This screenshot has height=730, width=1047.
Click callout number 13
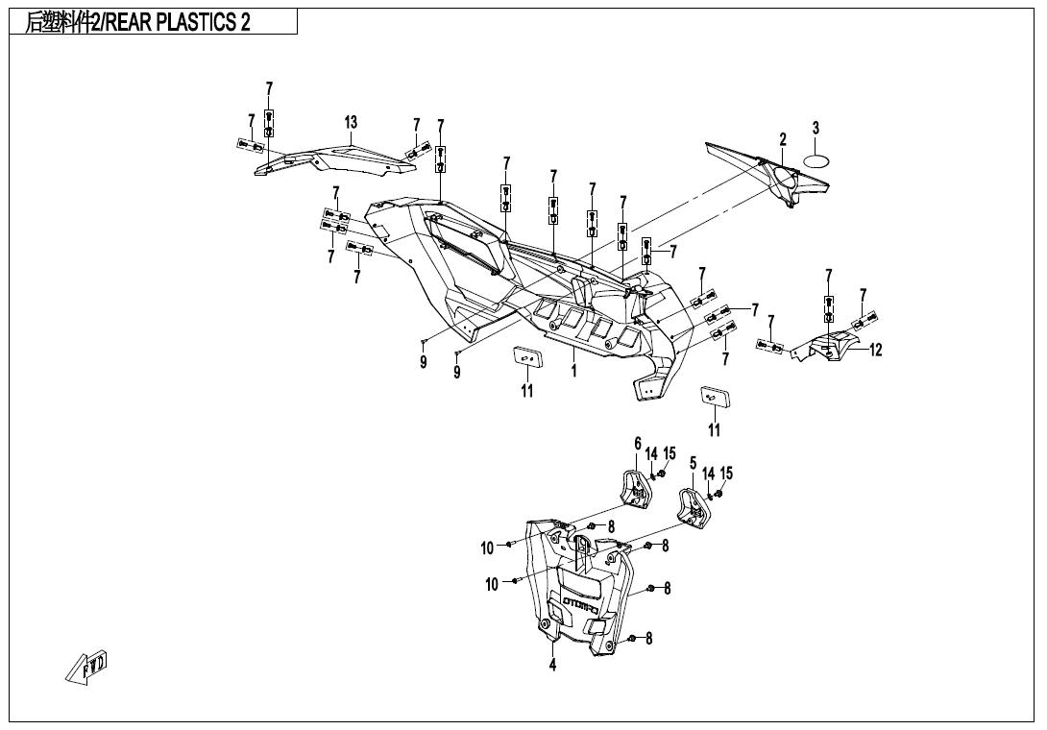click(352, 123)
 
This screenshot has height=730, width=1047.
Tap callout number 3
click(816, 128)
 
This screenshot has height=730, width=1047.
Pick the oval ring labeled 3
click(816, 160)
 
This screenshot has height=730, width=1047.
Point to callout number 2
click(783, 139)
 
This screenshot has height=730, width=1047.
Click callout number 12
click(875, 351)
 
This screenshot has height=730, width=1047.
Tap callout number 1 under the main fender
click(574, 370)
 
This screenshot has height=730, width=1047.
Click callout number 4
click(552, 666)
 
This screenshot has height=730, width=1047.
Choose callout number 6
click(637, 443)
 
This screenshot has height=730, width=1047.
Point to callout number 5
click(693, 463)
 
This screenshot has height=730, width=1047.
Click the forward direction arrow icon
click(88, 667)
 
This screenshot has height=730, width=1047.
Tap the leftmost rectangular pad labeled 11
click(526, 356)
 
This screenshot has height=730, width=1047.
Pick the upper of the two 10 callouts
click(488, 548)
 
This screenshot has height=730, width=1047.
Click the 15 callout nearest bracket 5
click(726, 473)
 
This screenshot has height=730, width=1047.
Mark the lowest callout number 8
click(648, 638)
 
